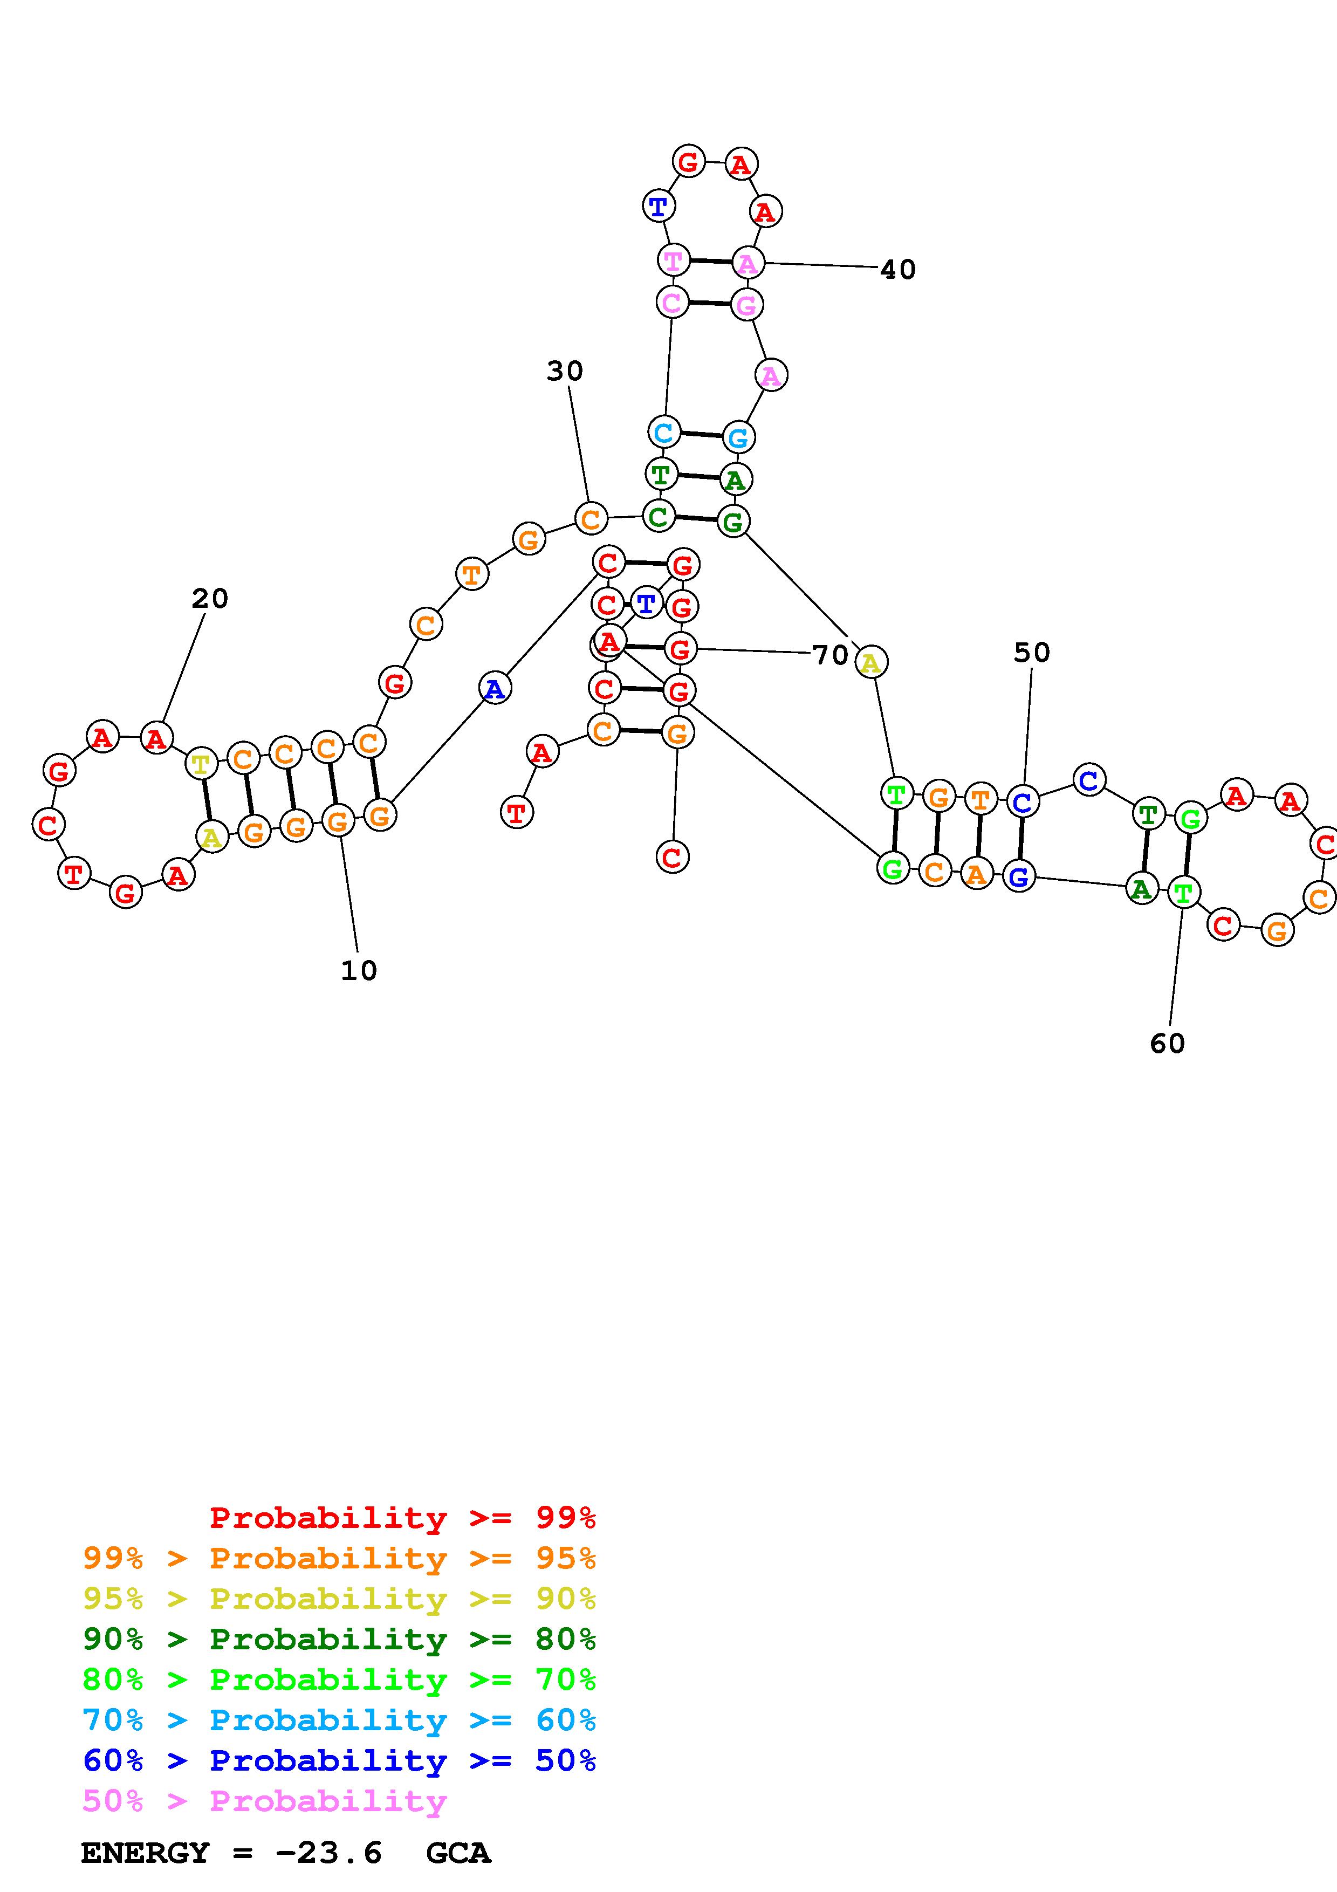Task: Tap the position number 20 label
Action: (209, 598)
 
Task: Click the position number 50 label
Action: (1031, 653)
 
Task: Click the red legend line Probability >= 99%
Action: (403, 1517)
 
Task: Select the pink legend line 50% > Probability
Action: (264, 1800)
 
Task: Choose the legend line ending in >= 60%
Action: (339, 1720)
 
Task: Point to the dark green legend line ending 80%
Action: (339, 1639)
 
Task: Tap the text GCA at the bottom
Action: (458, 1853)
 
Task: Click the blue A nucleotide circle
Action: (494, 688)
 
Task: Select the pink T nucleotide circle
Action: (673, 261)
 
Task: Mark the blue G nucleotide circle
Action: (1019, 876)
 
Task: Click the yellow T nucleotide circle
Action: (200, 763)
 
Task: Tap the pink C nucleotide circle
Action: (671, 303)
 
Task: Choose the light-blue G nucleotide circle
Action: (738, 437)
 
